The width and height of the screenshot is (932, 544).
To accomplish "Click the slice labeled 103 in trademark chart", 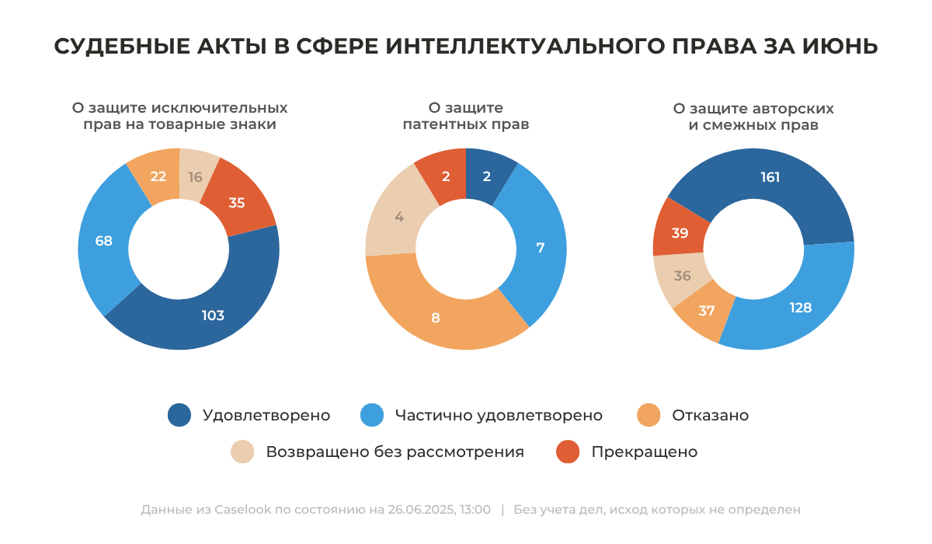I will coord(213,315).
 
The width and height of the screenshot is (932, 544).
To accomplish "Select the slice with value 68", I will coord(103,241).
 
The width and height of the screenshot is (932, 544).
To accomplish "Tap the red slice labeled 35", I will coord(237,203).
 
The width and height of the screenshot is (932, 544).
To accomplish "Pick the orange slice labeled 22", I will coord(158,176).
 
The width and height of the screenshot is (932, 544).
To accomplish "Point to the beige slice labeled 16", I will coord(195,176).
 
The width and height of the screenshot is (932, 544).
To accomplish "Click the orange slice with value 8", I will coord(436,316).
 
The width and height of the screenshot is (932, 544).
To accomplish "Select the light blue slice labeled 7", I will coord(541,248).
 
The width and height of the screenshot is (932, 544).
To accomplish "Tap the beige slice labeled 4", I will coord(399,217).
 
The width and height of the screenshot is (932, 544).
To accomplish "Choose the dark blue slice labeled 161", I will coord(770,177).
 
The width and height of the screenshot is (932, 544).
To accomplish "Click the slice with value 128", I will coord(801,308).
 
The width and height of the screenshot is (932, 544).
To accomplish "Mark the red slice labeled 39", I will coord(680,232).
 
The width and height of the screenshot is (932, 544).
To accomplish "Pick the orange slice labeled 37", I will coord(706,311).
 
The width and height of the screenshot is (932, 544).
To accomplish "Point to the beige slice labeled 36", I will coord(683,276).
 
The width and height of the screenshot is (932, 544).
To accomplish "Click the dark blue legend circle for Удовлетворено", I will coord(179,415).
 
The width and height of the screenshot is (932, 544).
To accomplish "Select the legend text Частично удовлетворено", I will coord(498,415).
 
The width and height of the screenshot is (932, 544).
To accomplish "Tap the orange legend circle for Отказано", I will coord(649,415).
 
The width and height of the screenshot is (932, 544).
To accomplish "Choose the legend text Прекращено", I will coord(644,452).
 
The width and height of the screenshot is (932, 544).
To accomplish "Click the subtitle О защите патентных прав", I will coord(466,116).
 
